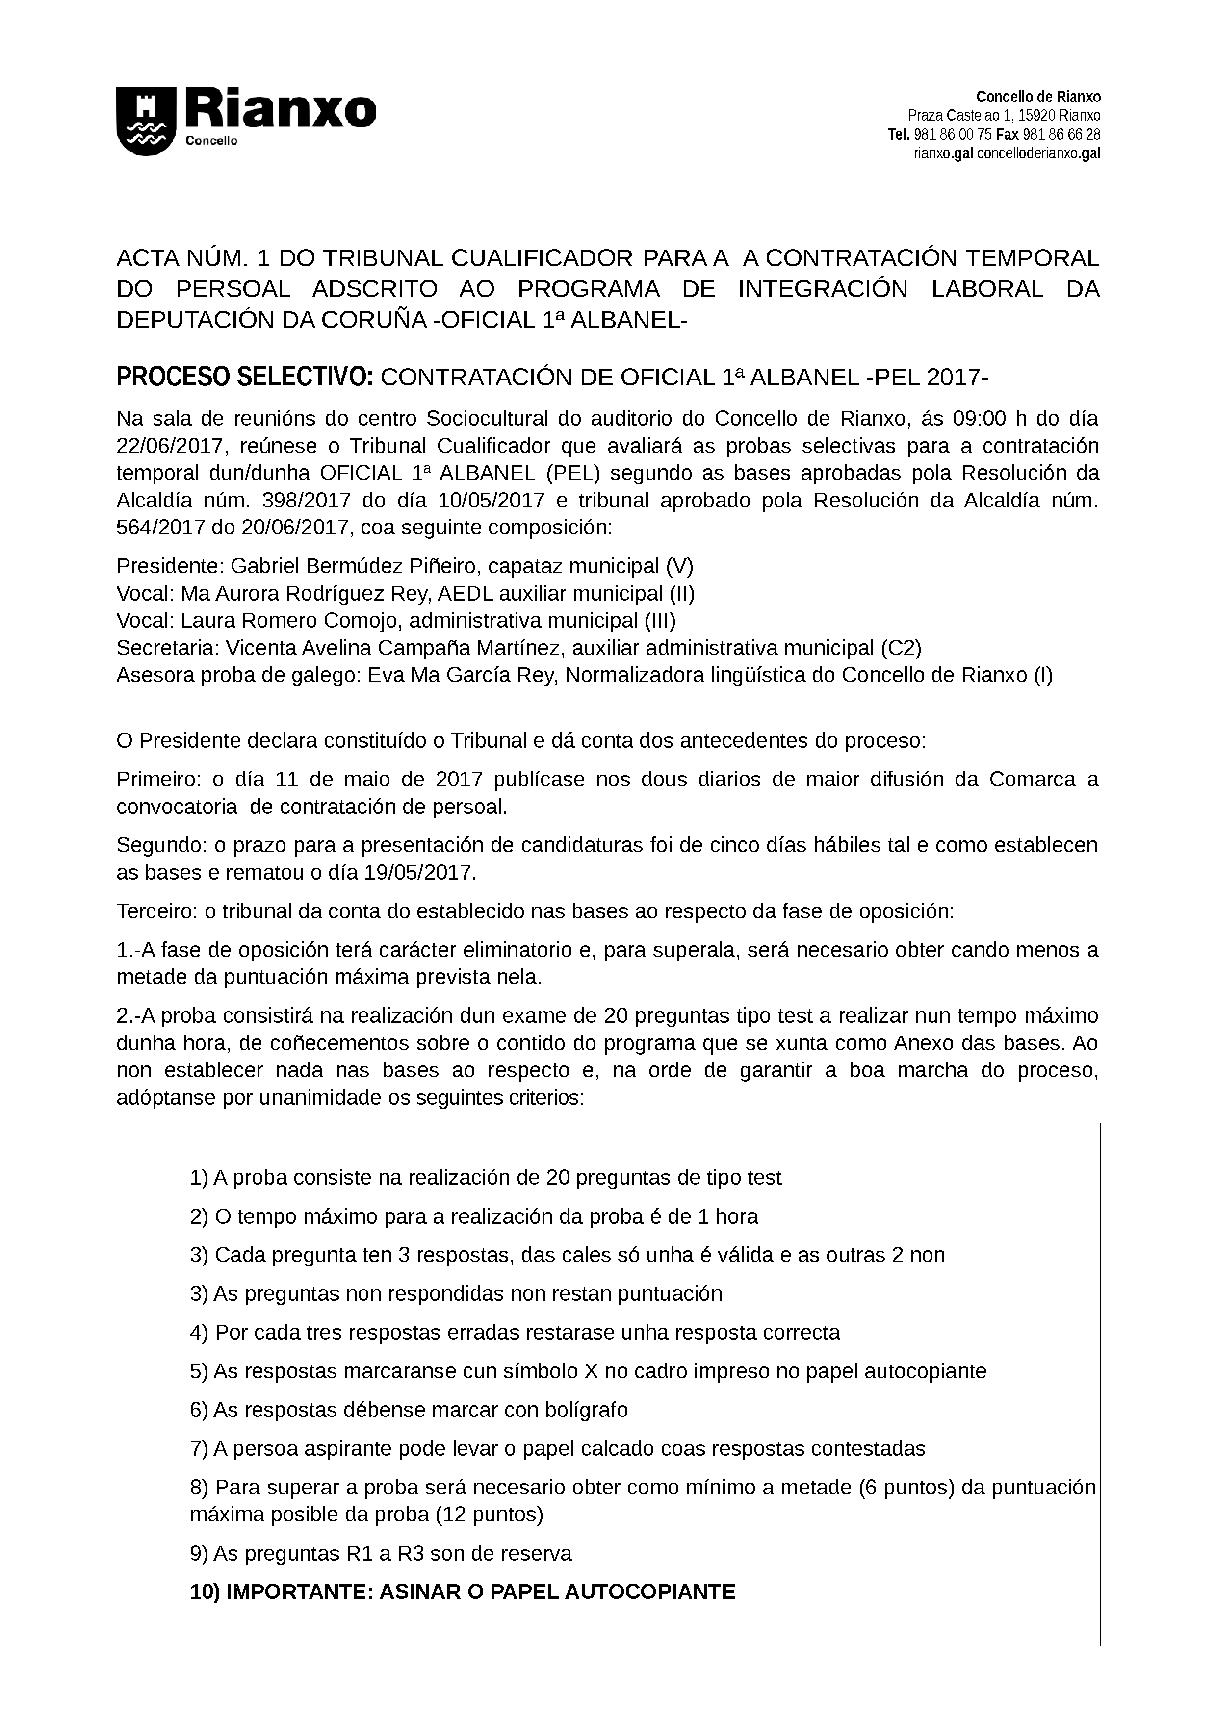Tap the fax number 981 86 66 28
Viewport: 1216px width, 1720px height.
tap(1061, 135)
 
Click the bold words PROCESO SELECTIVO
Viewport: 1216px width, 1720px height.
tap(244, 378)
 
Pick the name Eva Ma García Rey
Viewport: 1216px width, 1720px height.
tap(459, 675)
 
